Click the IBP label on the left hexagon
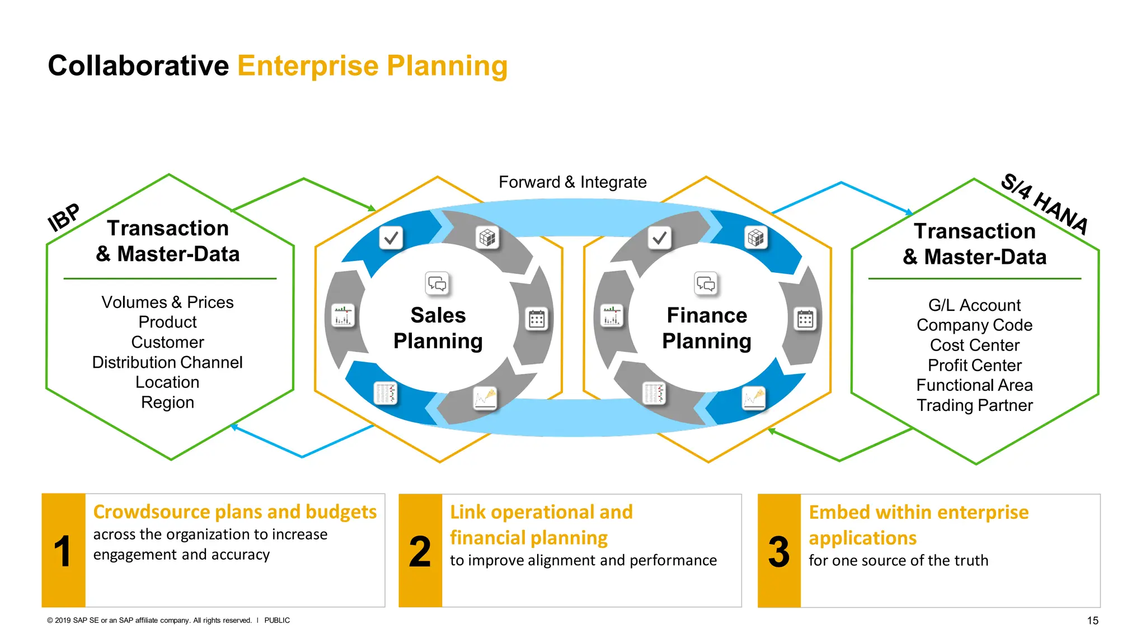tap(64, 217)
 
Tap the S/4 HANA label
tap(1044, 204)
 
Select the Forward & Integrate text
tap(572, 182)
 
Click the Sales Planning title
tap(438, 328)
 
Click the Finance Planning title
tap(707, 328)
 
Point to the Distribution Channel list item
tap(167, 362)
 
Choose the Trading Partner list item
tap(974, 405)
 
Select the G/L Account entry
tap(974, 305)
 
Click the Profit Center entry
tap(974, 366)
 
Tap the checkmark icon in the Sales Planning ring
tap(391, 238)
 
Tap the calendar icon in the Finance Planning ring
tap(805, 320)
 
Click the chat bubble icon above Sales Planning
tap(437, 284)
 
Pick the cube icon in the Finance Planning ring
tap(756, 238)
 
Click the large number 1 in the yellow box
tap(63, 552)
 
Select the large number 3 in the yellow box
tap(778, 552)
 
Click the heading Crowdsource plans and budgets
tap(234, 512)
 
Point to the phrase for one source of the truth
tap(898, 561)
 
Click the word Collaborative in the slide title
tap(138, 66)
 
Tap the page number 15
tap(1092, 621)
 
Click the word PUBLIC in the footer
tap(277, 621)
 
